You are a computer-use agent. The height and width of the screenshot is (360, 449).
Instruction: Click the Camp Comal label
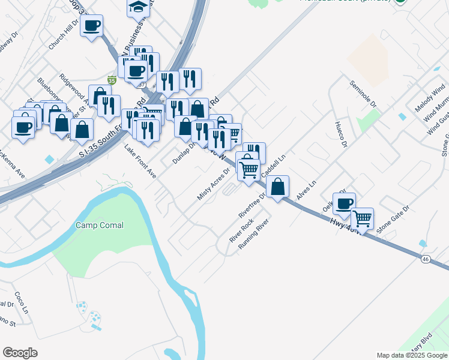tap(100, 226)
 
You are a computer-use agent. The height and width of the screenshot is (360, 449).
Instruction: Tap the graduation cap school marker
tap(138, 8)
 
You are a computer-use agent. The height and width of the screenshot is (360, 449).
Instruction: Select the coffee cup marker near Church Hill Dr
tap(91, 26)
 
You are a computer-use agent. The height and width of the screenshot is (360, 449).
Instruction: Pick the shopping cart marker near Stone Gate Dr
tap(362, 219)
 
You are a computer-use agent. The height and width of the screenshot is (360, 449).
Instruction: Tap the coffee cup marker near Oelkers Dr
tap(344, 204)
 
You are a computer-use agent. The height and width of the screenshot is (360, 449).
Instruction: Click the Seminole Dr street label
tap(364, 96)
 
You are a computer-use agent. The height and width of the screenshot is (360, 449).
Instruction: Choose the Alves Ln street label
tap(306, 191)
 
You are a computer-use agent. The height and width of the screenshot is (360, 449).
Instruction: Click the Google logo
tap(20, 353)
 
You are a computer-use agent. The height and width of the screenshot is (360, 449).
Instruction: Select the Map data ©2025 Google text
tap(412, 355)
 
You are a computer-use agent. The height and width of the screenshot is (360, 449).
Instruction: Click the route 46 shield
tap(425, 259)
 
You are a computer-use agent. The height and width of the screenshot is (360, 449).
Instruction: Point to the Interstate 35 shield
tap(111, 79)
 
